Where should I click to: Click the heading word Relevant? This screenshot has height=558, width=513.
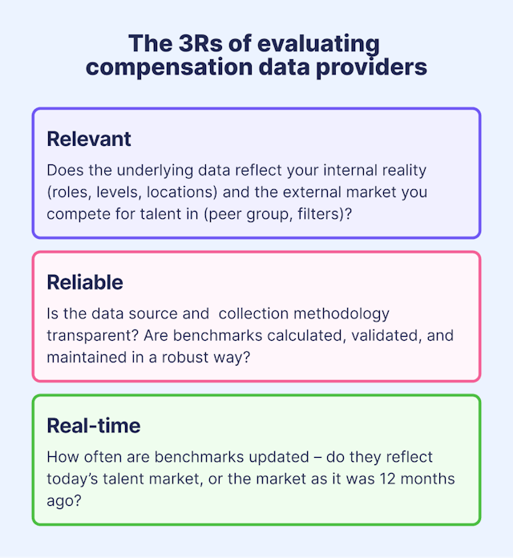[89, 139]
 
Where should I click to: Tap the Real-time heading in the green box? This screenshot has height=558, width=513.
[93, 425]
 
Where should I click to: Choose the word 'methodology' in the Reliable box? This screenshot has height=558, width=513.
[344, 313]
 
